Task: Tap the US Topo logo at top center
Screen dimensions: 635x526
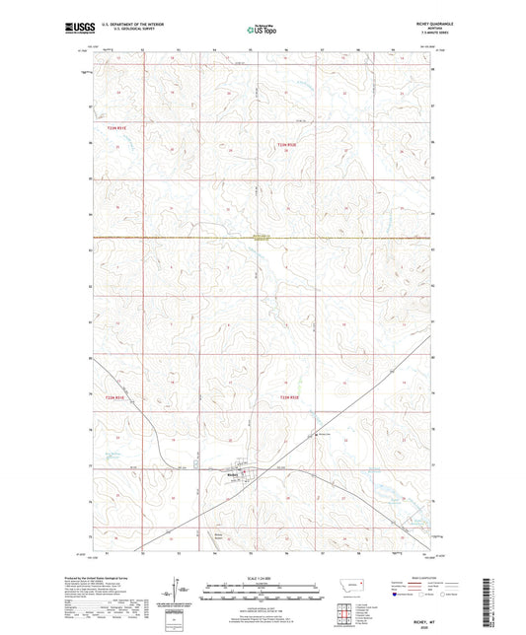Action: coord(262,30)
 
